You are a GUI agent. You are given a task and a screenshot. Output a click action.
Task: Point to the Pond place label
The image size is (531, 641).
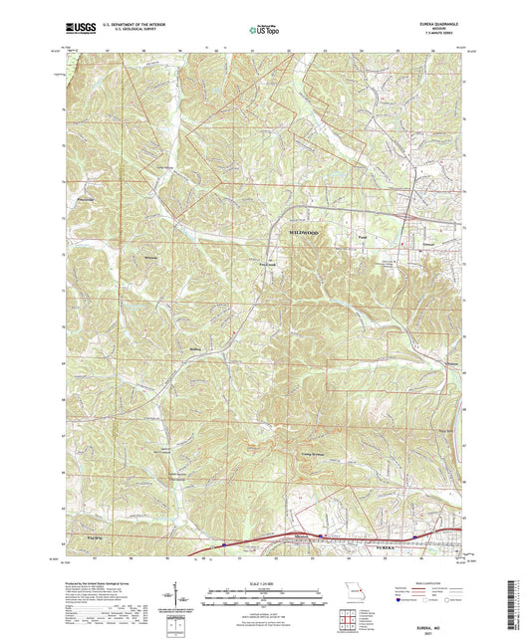[x=365, y=238]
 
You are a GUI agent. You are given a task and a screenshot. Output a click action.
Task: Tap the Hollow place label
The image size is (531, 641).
[x=195, y=349]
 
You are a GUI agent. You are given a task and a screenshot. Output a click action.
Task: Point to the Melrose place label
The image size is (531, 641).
[x=150, y=257]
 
